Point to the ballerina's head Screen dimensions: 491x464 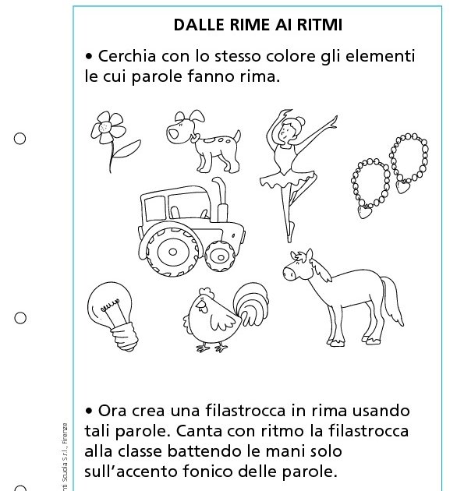tap(283, 130)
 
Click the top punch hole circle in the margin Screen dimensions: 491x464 tap(20, 139)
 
